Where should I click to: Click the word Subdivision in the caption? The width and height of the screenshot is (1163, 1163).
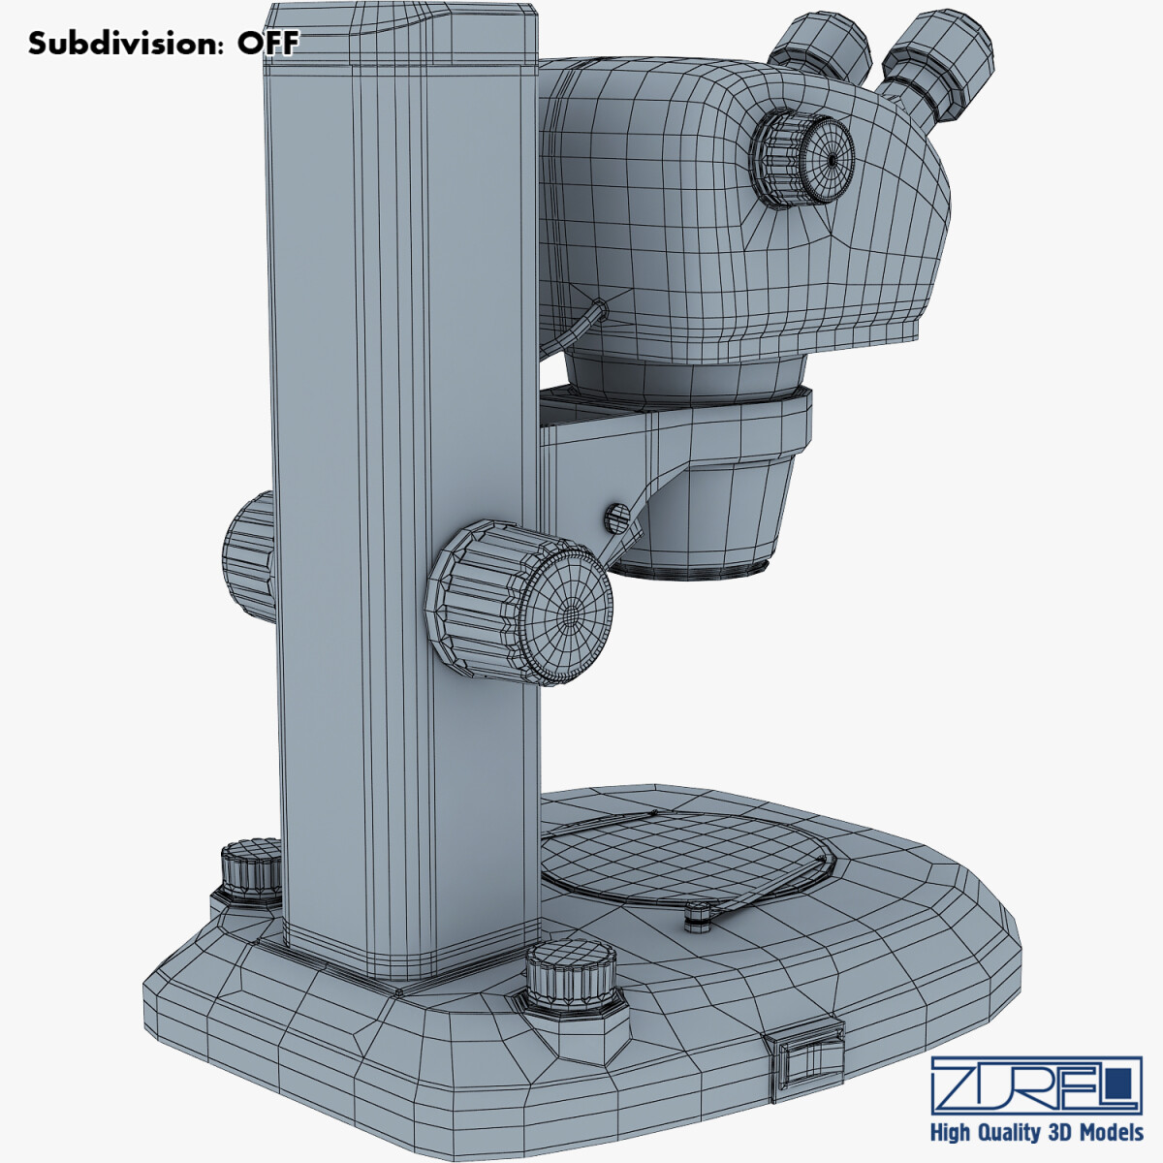point(126,43)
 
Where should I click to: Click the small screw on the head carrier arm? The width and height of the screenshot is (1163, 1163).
point(615,518)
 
